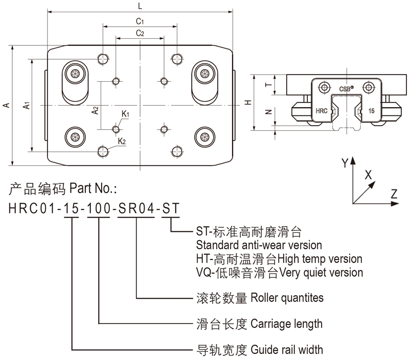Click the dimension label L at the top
click(x=141, y=6)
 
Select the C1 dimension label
click(x=139, y=21)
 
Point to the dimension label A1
click(x=27, y=106)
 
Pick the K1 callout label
click(x=125, y=114)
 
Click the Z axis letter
click(x=394, y=194)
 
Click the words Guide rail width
click(x=285, y=350)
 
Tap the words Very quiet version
click(x=322, y=272)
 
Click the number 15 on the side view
click(x=371, y=110)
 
